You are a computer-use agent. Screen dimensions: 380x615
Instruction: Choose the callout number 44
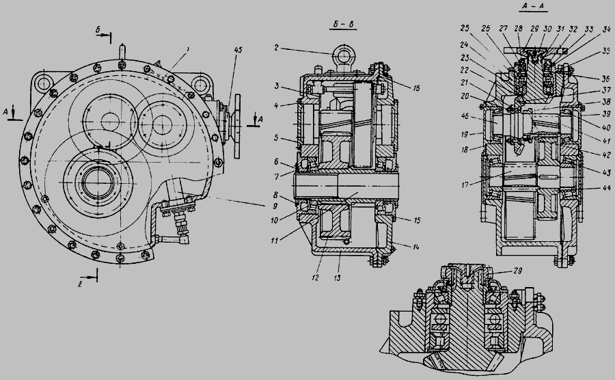click(x=587, y=187)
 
